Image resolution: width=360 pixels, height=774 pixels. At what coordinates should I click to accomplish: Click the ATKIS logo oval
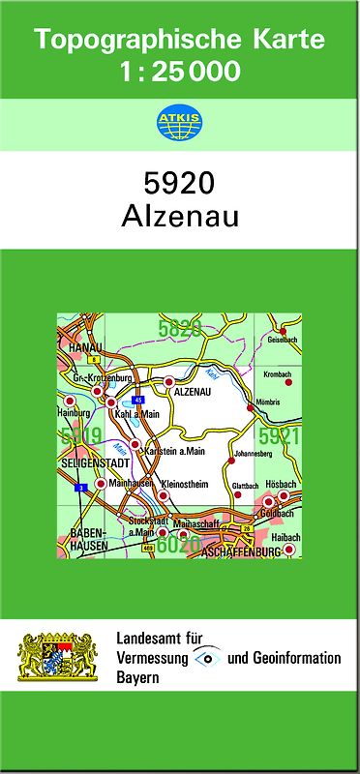click(178, 122)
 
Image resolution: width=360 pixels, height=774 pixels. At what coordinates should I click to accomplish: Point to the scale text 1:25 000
click(178, 72)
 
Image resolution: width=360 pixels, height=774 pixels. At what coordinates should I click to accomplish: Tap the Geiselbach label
click(283, 341)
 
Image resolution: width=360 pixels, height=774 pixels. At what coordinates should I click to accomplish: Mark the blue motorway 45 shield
click(138, 399)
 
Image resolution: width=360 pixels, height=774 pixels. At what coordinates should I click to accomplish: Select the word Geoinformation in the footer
click(294, 659)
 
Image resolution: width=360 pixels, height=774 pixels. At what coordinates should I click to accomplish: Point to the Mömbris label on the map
click(267, 402)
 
